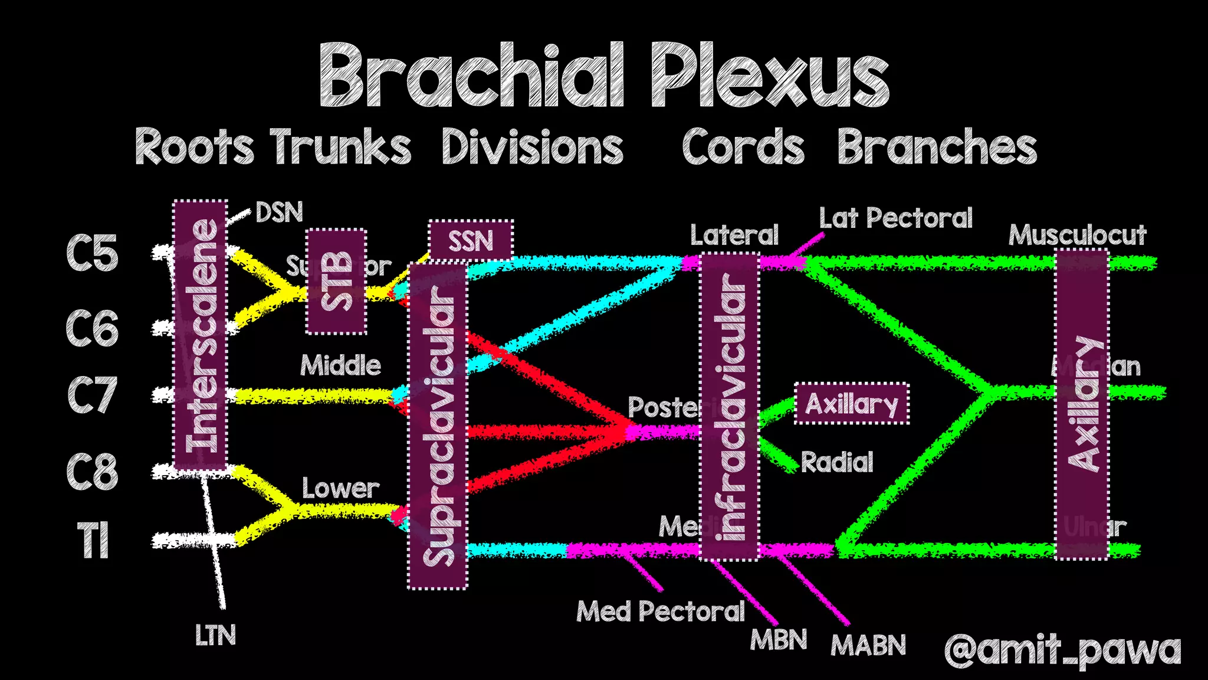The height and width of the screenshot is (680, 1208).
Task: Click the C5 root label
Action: pyautogui.click(x=92, y=253)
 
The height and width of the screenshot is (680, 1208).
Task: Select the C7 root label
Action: pyautogui.click(x=92, y=395)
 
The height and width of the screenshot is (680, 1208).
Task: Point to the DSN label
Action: pyautogui.click(x=279, y=212)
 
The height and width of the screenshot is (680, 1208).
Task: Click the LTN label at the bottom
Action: pyautogui.click(x=215, y=636)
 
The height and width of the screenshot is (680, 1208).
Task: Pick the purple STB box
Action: pyautogui.click(x=336, y=282)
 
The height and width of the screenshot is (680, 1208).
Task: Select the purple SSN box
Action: pyautogui.click(x=470, y=240)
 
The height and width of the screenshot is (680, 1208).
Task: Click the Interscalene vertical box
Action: pyautogui.click(x=201, y=335)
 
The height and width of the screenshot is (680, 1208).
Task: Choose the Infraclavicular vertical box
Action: pyautogui.click(x=730, y=406)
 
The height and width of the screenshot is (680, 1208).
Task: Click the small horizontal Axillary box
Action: pyautogui.click(x=851, y=404)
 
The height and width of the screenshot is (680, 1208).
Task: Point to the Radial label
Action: pyautogui.click(x=837, y=462)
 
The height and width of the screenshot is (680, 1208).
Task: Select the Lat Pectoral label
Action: pyautogui.click(x=895, y=218)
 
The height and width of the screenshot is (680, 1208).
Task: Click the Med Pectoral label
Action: pyautogui.click(x=661, y=612)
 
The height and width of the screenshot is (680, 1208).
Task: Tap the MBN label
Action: pyautogui.click(x=778, y=640)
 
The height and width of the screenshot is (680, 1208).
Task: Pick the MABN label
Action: pyautogui.click(x=868, y=645)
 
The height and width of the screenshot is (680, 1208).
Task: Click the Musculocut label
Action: pyautogui.click(x=1077, y=236)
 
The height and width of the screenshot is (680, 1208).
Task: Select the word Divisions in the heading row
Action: pyautogui.click(x=532, y=148)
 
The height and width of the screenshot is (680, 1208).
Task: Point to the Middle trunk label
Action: pyautogui.click(x=340, y=365)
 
